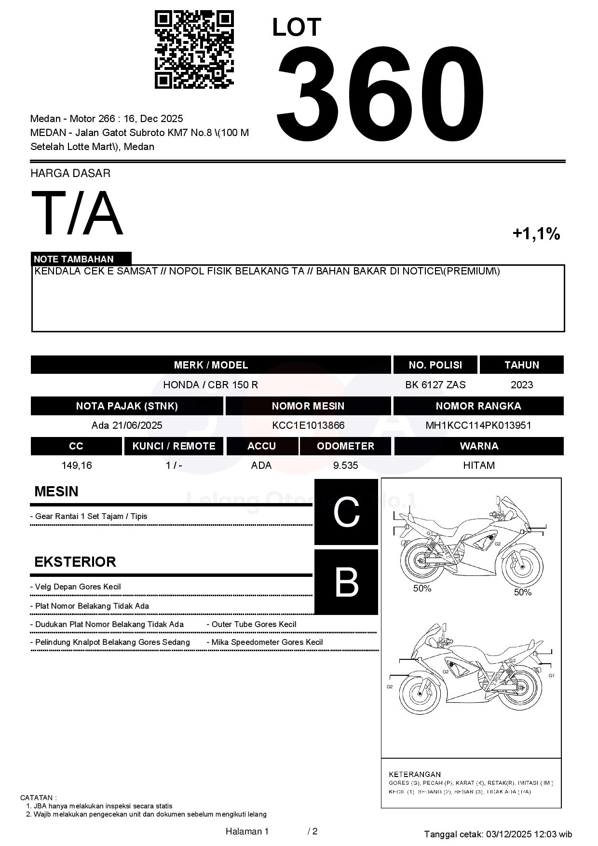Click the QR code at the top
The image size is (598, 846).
194,50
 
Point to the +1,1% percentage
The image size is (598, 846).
536,234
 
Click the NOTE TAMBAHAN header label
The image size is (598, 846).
74,259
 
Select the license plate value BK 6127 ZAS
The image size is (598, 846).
435,384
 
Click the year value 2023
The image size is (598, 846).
522,384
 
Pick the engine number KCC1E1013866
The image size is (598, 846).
308,425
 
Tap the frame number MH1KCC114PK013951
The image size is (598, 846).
478,425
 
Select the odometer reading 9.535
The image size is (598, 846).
345,465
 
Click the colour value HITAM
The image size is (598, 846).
479,465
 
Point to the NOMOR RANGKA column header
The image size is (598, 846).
478,406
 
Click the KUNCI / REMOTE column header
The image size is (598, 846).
174,446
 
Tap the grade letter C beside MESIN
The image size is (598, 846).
346,512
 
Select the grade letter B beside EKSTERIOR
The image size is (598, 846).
346,582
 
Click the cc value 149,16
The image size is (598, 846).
77,465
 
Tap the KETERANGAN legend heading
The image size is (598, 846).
415,774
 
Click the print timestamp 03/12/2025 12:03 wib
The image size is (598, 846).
529,834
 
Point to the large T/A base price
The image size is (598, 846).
77,213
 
